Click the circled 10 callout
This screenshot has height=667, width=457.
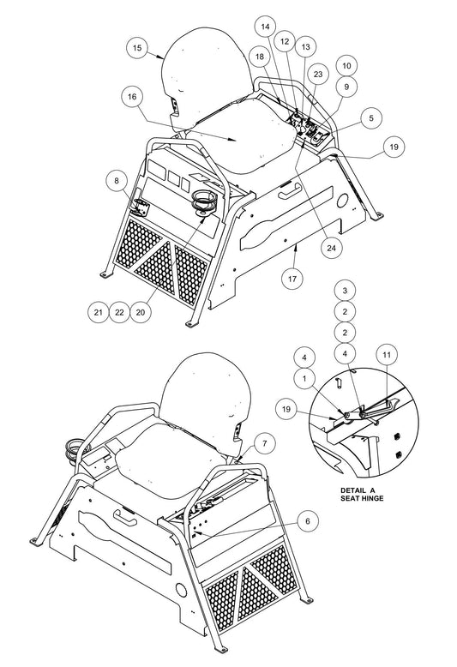(346, 65)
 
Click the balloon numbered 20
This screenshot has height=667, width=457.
(141, 313)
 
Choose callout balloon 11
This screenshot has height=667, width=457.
(386, 354)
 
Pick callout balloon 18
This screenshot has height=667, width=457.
(259, 55)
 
